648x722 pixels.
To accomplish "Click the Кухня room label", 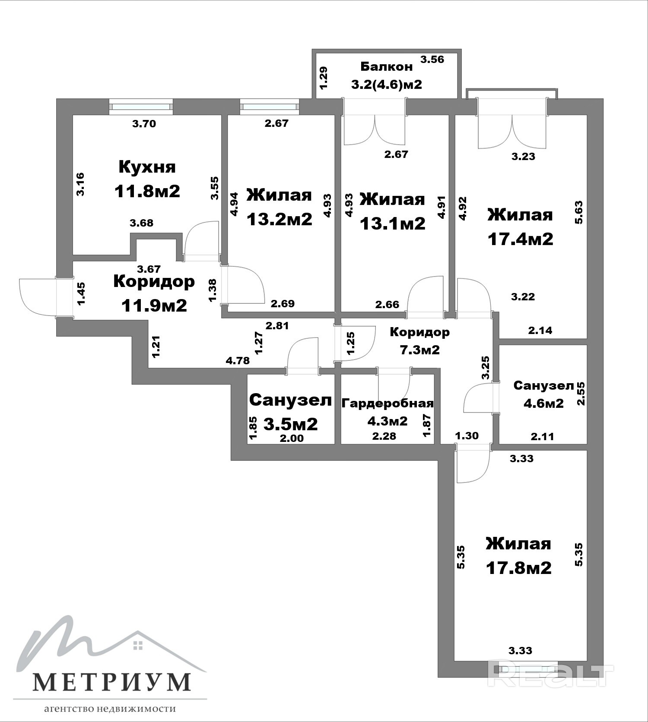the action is coord(147,167).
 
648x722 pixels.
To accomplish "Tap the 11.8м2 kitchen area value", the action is coord(147,191).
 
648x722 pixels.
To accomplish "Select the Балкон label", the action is coord(386,66).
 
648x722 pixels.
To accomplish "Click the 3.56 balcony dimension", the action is coord(432,60).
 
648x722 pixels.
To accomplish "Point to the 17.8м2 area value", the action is coord(518,568).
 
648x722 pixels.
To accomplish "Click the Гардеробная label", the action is coord(388,403).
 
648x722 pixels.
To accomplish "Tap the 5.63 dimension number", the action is coord(579,212).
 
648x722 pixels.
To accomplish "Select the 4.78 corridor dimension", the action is coord(238,360).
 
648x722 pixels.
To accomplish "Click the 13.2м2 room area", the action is coord(279,219).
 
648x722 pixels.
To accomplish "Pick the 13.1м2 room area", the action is coord(393,223).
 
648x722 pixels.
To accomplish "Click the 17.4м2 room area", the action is coord(520,239).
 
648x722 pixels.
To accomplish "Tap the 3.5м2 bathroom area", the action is coord(290,424).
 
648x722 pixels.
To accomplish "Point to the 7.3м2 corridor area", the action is coord(419,350).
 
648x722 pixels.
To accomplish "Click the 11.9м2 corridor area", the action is coord(154,306).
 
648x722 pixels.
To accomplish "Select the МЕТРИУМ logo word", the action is coord(111,681).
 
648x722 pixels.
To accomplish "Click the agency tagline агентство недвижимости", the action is coord(110,709).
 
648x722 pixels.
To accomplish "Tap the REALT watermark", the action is coord(550,675).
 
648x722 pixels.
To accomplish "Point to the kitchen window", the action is coord(141,107).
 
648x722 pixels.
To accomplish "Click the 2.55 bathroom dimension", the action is coord(581,393).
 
